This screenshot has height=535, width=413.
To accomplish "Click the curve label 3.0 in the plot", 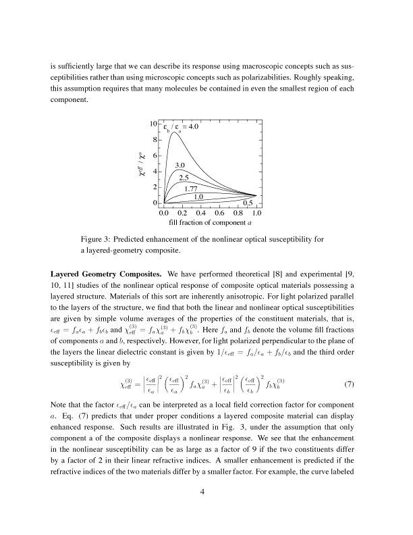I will click(180, 165).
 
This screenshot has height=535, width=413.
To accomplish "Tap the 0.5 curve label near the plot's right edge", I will click(248, 203).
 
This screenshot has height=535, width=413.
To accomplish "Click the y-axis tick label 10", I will click(155, 124).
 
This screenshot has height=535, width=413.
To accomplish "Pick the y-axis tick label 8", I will click(157, 141).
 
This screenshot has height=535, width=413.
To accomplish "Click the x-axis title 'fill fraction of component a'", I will click(210, 222).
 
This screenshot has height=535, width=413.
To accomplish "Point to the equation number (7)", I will click(349, 385).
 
